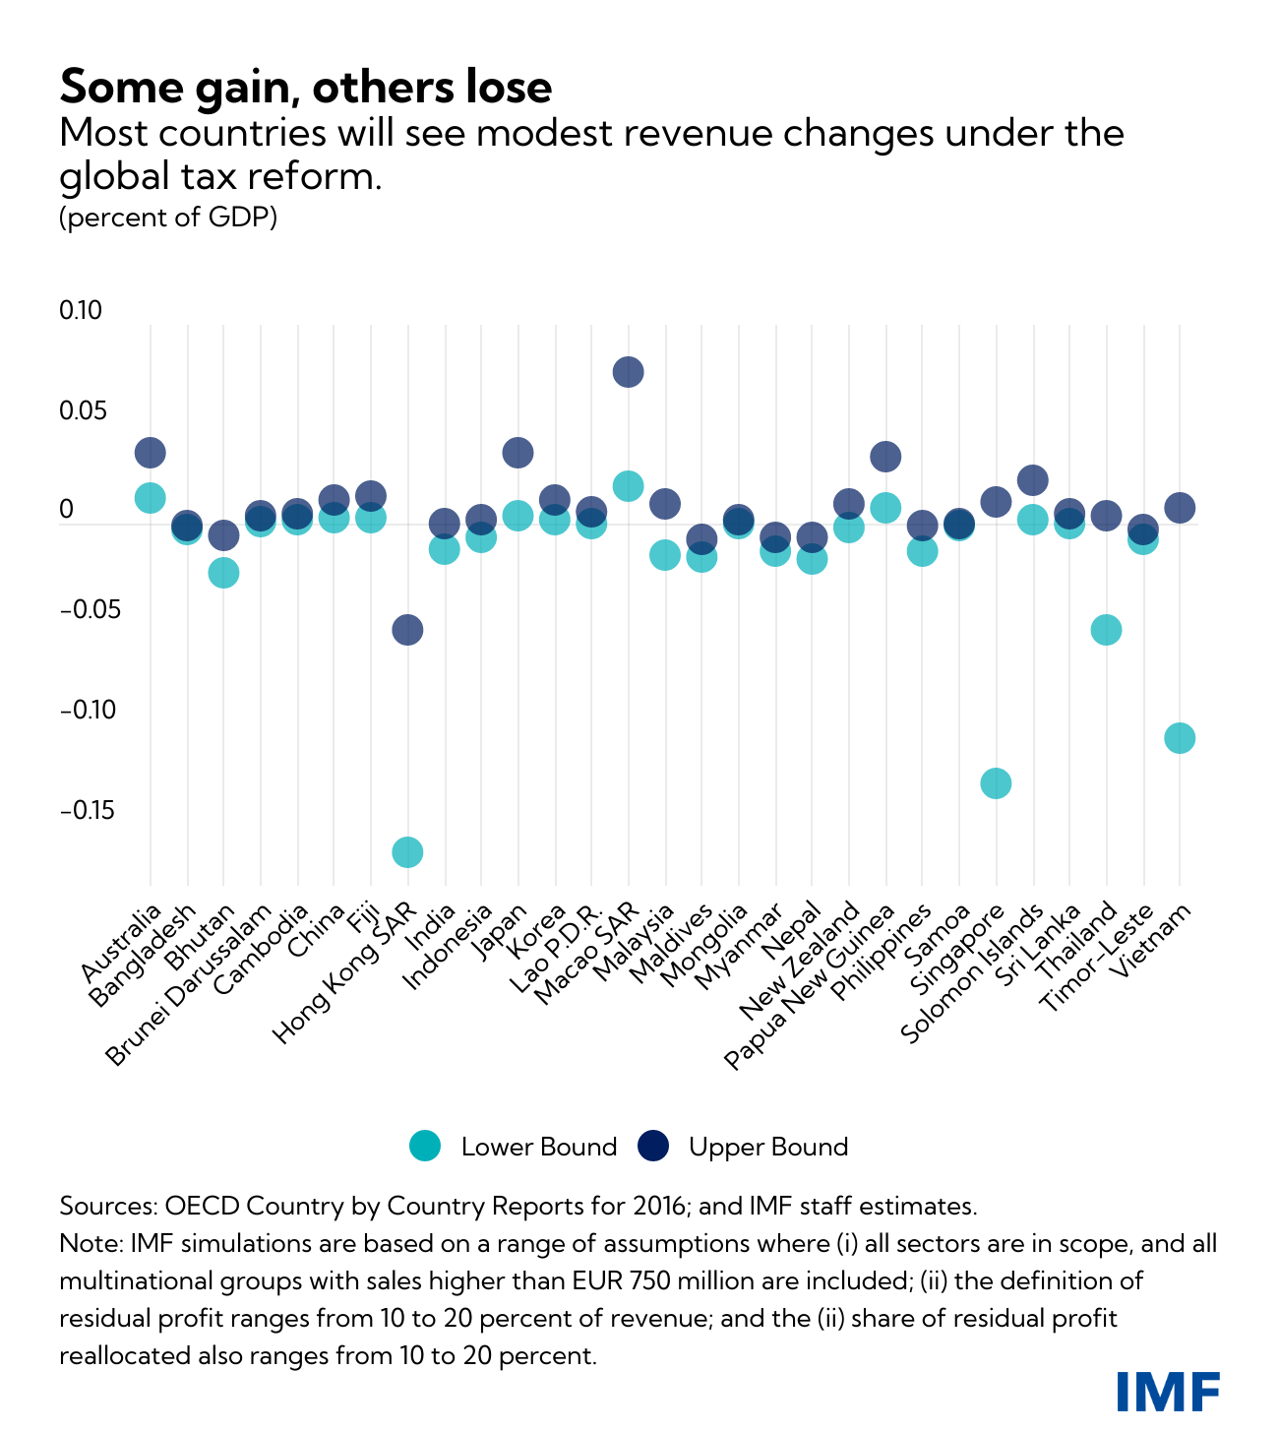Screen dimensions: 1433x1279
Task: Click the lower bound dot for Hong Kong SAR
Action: tap(407, 851)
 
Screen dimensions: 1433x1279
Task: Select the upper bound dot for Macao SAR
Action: tap(629, 371)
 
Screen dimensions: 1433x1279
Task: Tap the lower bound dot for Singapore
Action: tap(996, 782)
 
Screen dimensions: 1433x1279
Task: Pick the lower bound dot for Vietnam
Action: tap(1180, 738)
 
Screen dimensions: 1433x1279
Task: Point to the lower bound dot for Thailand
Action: tap(1106, 630)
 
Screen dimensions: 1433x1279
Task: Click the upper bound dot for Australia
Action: tap(150, 453)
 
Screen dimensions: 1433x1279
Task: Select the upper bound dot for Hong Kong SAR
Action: tap(407, 630)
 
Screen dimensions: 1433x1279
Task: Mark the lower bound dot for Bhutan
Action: tap(223, 573)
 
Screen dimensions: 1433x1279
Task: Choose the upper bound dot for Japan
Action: tap(518, 453)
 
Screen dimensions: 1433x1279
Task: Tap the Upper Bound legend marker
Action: tap(653, 1146)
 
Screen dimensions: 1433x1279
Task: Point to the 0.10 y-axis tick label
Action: tap(81, 311)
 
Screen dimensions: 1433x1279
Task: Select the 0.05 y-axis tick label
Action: tap(81, 411)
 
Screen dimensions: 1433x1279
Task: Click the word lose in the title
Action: tap(507, 87)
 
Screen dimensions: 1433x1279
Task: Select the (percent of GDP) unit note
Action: tap(168, 217)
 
